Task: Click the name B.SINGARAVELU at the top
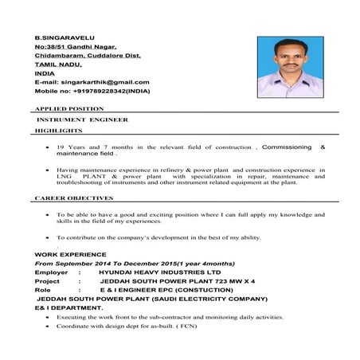click(x=59, y=37)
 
